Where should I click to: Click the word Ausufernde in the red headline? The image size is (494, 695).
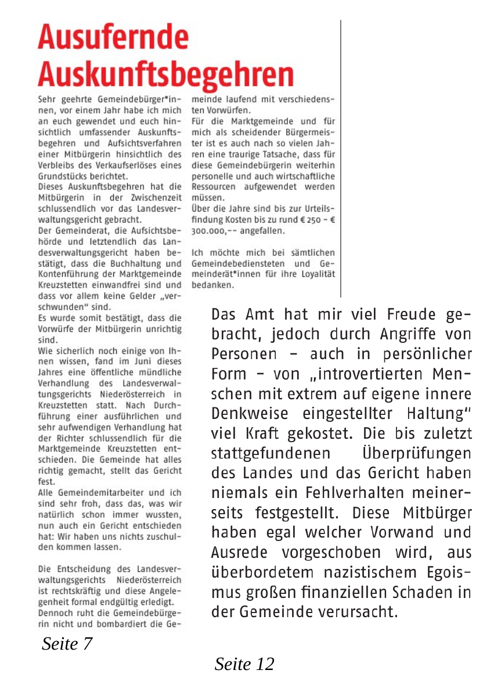(113, 38)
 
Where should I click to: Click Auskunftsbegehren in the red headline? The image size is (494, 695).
(165, 75)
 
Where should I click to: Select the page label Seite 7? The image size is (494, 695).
(67, 643)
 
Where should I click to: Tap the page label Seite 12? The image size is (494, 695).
(244, 664)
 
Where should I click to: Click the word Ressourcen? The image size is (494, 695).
(214, 187)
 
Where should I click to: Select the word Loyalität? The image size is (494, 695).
(316, 274)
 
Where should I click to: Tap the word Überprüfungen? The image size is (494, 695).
(416, 453)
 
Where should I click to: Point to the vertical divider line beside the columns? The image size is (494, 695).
(340, 157)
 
